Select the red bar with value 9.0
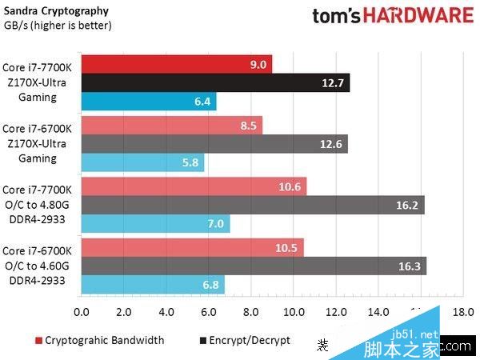176,64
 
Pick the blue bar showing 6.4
148,102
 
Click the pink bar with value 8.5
171,125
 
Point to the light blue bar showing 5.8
142,163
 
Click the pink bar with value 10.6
193,186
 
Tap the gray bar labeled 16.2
252,205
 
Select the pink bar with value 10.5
192,247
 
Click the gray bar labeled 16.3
253,266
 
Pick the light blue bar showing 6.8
152,285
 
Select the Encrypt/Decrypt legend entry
243,340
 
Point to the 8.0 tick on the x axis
251,311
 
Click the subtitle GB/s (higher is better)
58,25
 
